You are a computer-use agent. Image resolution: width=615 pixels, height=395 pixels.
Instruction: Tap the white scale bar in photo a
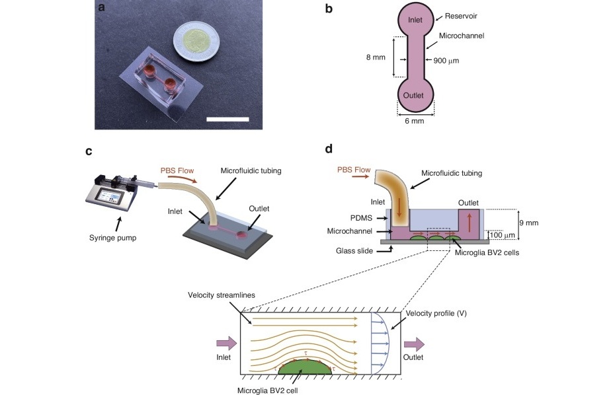(227, 119)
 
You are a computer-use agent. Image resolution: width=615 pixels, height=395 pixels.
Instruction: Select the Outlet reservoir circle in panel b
(415, 95)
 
